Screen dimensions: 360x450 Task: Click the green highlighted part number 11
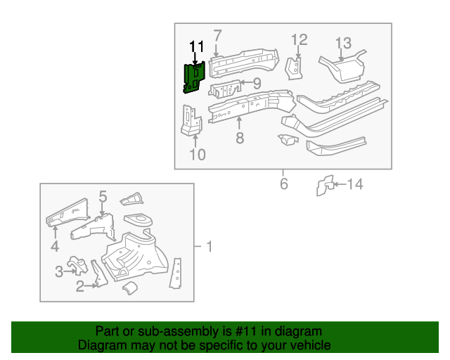coord(193,77)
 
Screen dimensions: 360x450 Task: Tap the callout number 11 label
coord(196,47)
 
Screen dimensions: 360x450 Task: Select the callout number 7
coord(217,36)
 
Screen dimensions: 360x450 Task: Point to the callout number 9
coord(257,84)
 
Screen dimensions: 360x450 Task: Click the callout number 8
coord(239,139)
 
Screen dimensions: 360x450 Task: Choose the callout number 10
coord(198,154)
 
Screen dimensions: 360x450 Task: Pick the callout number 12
coord(299,40)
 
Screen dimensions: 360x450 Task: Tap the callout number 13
coord(342,44)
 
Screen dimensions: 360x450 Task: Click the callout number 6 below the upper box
coord(284,184)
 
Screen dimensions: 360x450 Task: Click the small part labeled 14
coord(324,185)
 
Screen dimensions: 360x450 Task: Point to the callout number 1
coord(208,247)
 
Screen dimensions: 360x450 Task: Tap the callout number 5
coord(102,197)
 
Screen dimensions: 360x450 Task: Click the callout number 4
coord(55,245)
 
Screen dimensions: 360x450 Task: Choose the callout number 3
coord(59,271)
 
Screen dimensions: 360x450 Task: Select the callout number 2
coord(80,285)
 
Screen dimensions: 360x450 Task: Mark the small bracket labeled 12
coord(294,67)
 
